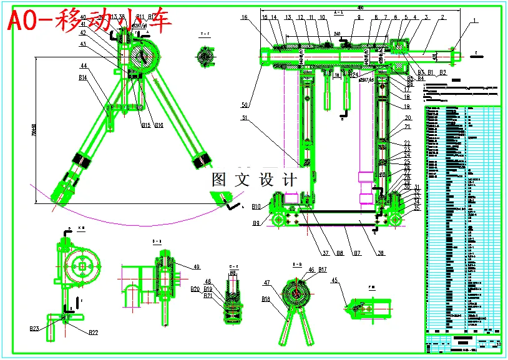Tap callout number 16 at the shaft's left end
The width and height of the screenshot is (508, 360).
pyautogui.click(x=244, y=17)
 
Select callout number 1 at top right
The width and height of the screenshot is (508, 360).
pyautogui.click(x=474, y=21)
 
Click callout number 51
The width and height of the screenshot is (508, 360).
pyautogui.click(x=245, y=117)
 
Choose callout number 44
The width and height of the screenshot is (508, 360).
pyautogui.click(x=83, y=66)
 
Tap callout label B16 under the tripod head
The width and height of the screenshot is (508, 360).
pyautogui.click(x=159, y=125)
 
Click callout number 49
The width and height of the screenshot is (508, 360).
pyautogui.click(x=197, y=267)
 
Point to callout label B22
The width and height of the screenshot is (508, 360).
pyautogui.click(x=93, y=333)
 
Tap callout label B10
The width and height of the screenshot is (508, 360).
pyautogui.click(x=256, y=206)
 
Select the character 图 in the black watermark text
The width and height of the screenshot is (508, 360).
pyautogui.click(x=219, y=180)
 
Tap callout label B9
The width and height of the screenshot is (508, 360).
pyautogui.click(x=256, y=223)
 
